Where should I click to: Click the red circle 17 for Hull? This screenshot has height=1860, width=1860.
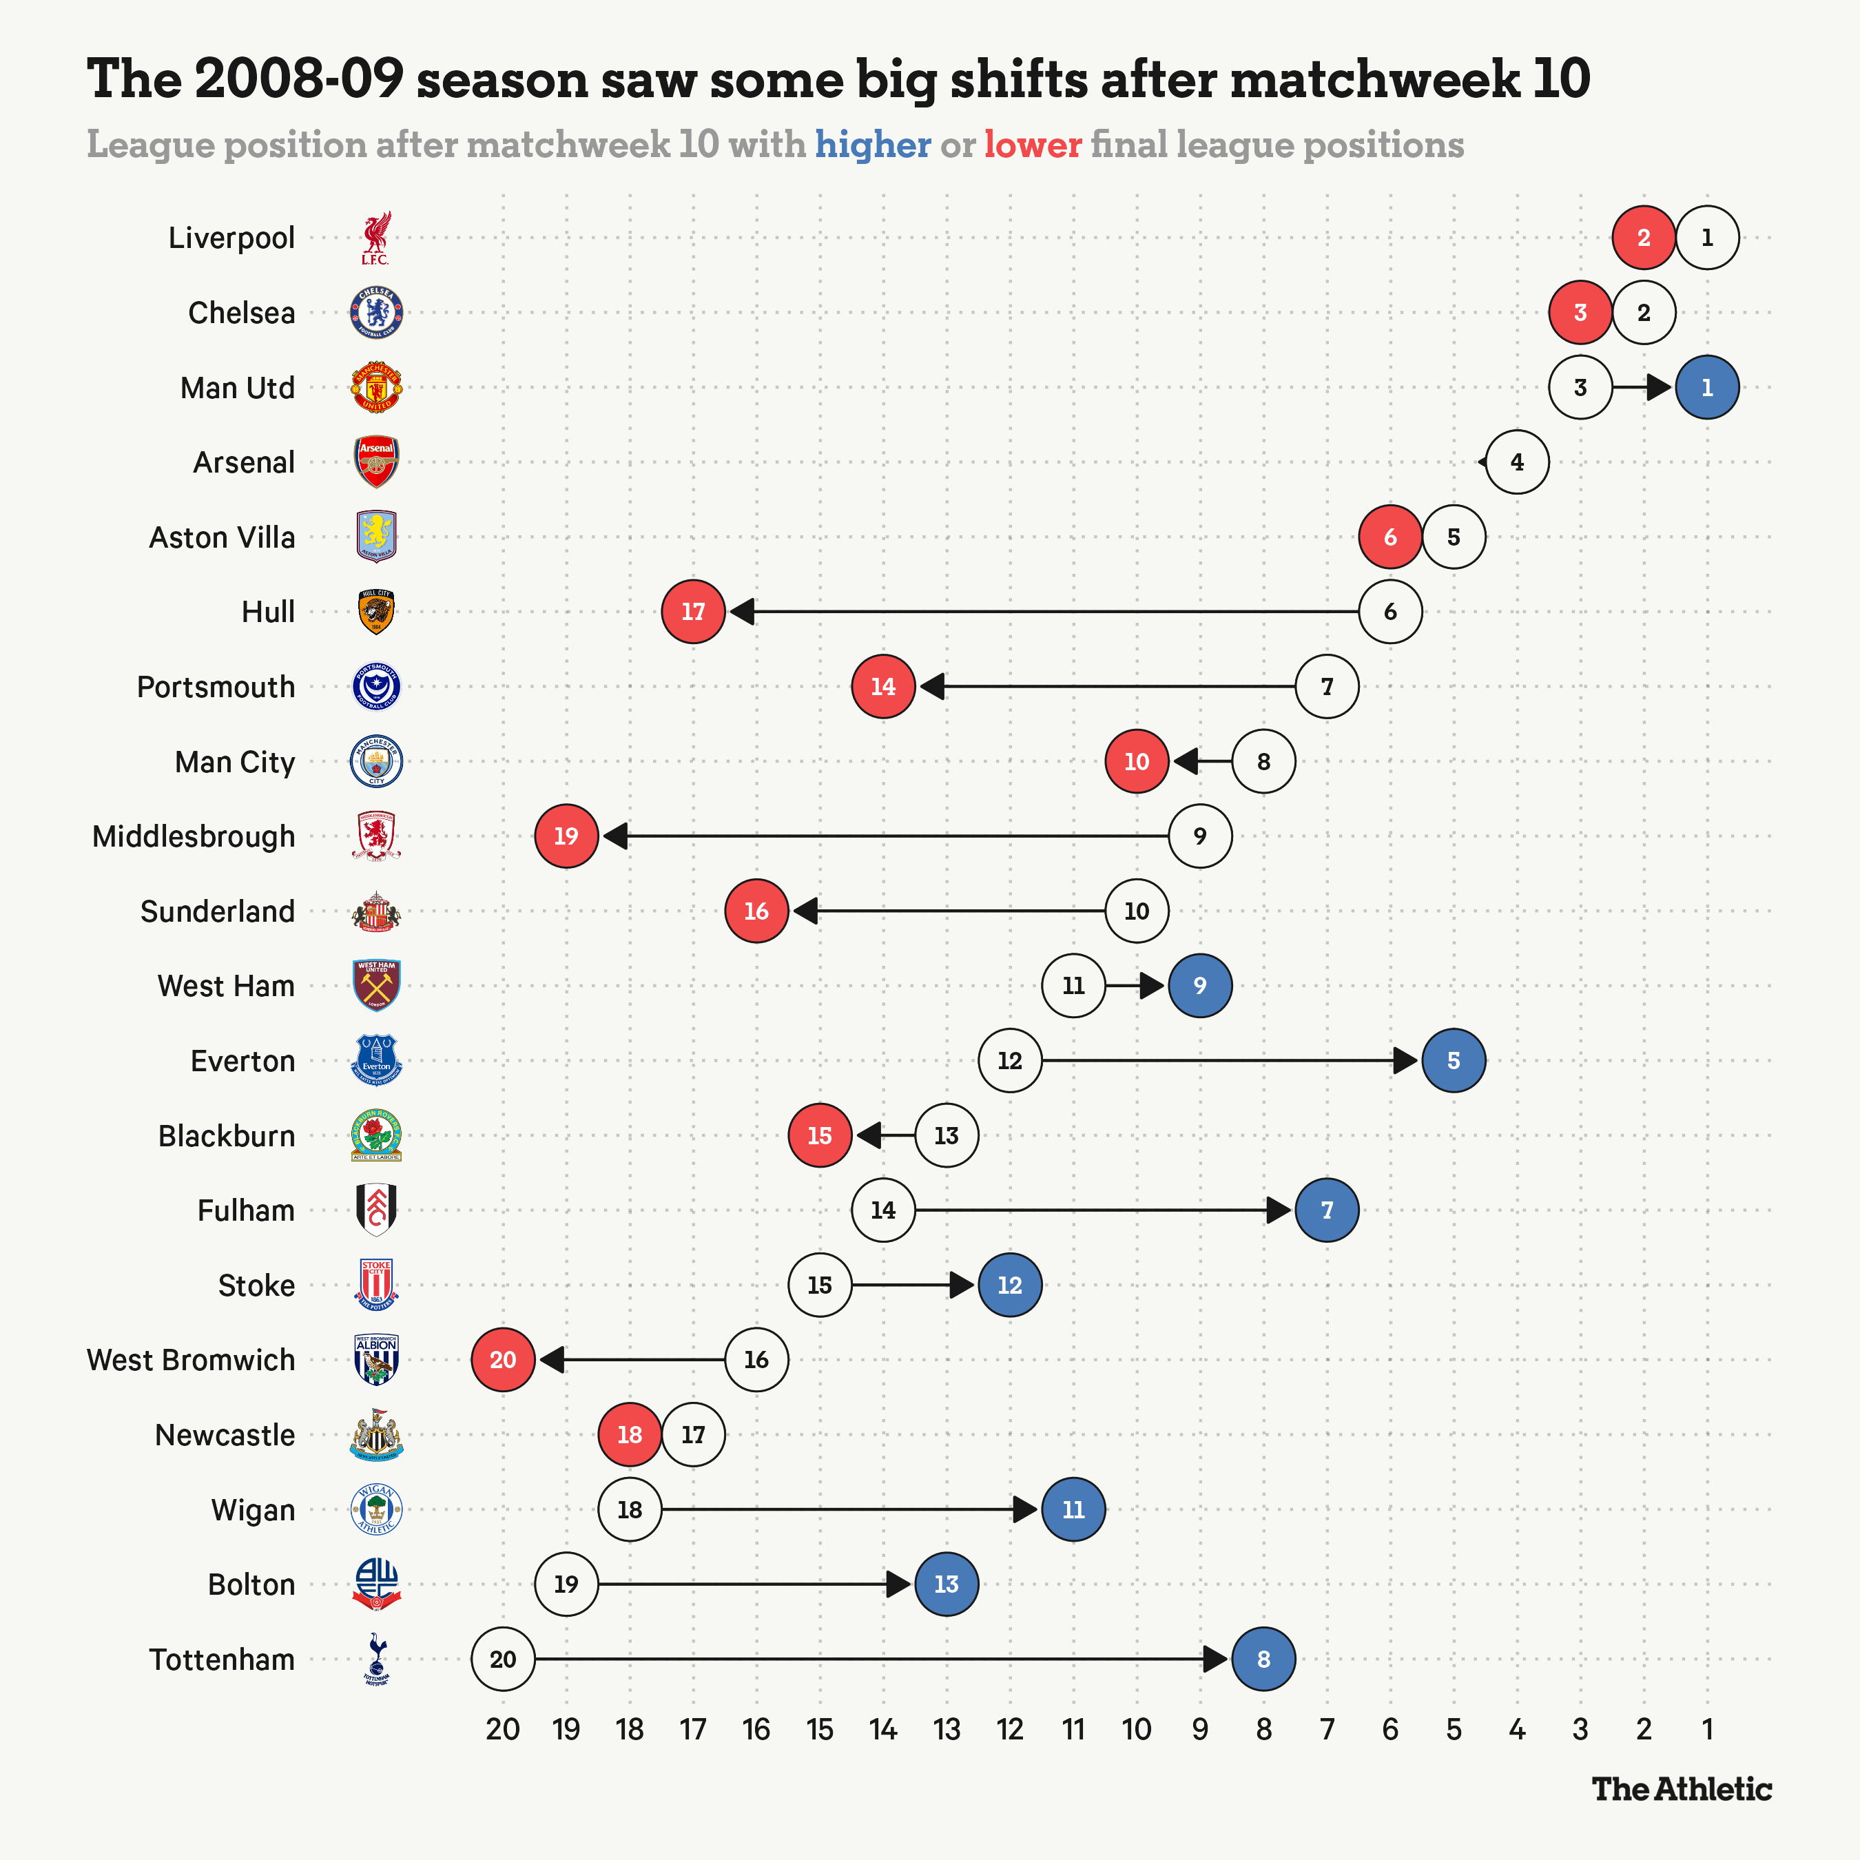click(x=692, y=611)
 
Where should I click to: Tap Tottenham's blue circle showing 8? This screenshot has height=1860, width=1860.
click(x=1263, y=1659)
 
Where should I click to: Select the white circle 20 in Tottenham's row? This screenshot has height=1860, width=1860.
click(x=503, y=1659)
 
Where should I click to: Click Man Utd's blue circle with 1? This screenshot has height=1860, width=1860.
click(x=1707, y=387)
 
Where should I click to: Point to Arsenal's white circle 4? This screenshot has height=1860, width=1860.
click(x=1517, y=462)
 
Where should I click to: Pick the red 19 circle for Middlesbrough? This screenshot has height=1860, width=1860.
click(x=566, y=836)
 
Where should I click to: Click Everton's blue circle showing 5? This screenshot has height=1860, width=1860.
click(x=1453, y=1060)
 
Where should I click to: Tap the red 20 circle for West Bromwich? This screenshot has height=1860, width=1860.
click(x=503, y=1359)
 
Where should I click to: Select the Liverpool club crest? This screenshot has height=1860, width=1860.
click(x=375, y=238)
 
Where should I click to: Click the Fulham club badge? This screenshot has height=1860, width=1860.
click(x=375, y=1210)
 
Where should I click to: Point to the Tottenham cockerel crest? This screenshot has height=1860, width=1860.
click(x=375, y=1659)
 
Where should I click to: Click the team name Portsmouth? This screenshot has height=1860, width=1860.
click(x=216, y=686)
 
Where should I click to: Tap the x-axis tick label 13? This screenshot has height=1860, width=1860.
click(x=947, y=1729)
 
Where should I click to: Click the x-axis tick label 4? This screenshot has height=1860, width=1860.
click(x=1517, y=1729)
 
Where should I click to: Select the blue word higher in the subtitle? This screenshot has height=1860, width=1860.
click(x=872, y=145)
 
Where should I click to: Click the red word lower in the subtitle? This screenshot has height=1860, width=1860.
click(x=1032, y=145)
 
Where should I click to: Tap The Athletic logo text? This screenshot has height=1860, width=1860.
click(x=1681, y=1789)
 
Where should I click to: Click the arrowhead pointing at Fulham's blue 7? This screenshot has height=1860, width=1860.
click(x=1278, y=1210)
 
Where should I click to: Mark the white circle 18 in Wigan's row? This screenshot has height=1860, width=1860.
click(x=630, y=1509)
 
